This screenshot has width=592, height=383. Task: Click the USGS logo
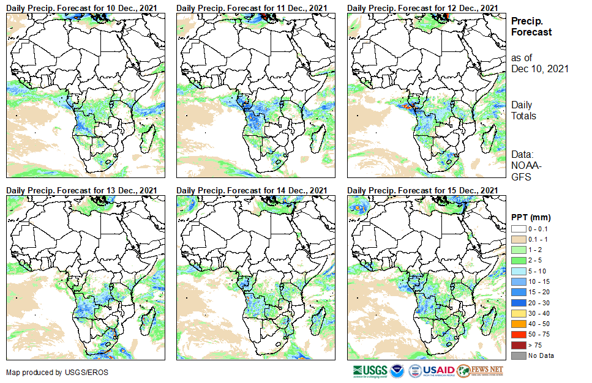click(x=370, y=371)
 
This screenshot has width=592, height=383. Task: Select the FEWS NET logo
click(x=480, y=371)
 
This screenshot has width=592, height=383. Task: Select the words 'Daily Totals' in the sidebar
click(x=523, y=110)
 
